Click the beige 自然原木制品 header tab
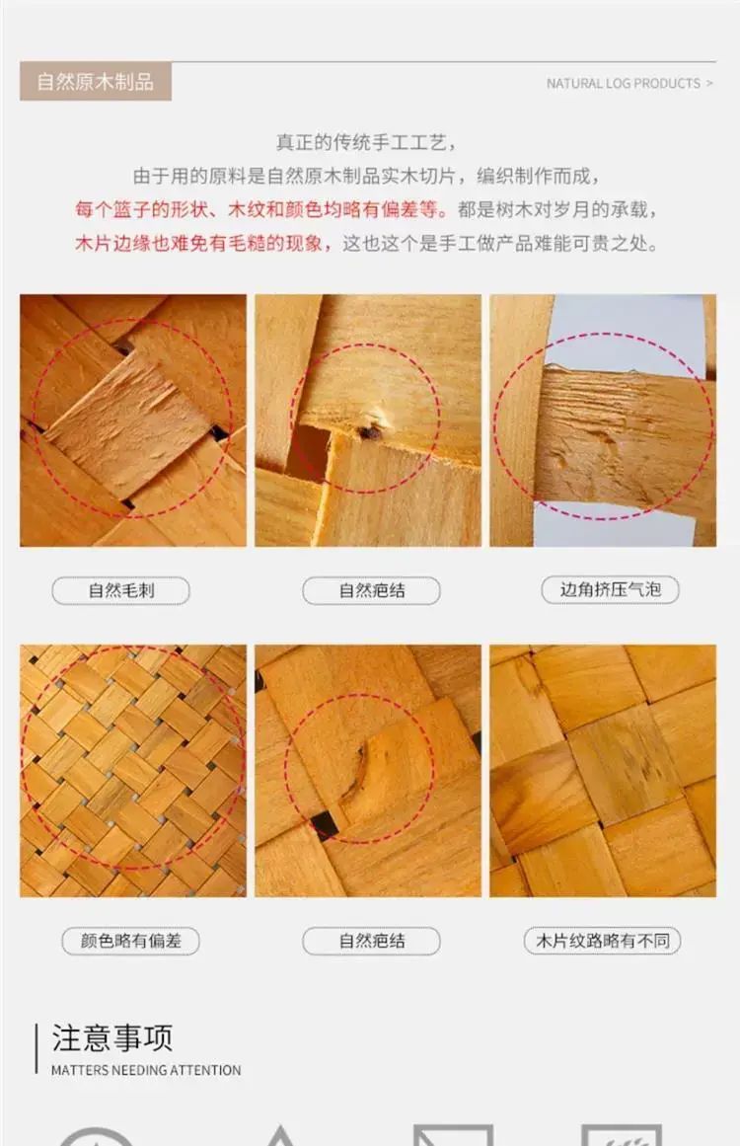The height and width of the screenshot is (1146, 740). (96, 81)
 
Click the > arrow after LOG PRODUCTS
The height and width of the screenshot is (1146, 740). (709, 83)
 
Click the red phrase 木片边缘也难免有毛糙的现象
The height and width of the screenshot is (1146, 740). (198, 244)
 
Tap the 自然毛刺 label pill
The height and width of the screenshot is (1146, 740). (121, 590)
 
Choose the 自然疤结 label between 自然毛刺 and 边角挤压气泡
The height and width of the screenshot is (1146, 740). (372, 590)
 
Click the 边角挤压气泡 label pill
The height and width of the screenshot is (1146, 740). (610, 590)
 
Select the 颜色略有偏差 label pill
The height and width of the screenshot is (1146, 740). (131, 941)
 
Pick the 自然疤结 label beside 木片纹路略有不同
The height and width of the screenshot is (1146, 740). (372, 941)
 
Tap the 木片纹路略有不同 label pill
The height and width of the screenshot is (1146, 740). (603, 941)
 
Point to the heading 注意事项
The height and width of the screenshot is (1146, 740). (112, 1037)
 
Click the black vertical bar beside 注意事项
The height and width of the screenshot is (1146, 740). (36, 1049)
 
